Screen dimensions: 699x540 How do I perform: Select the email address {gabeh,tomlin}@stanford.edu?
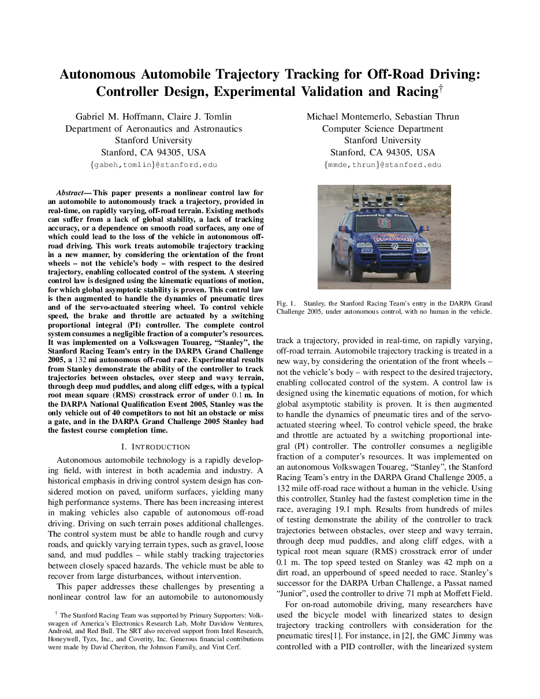pos(154,165)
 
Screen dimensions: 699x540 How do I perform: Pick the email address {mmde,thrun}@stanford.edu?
pos(383,165)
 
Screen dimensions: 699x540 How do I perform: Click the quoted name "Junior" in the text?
pos(293,593)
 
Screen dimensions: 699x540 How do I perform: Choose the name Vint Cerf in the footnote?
pos(228,648)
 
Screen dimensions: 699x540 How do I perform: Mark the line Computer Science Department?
pos(383,129)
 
